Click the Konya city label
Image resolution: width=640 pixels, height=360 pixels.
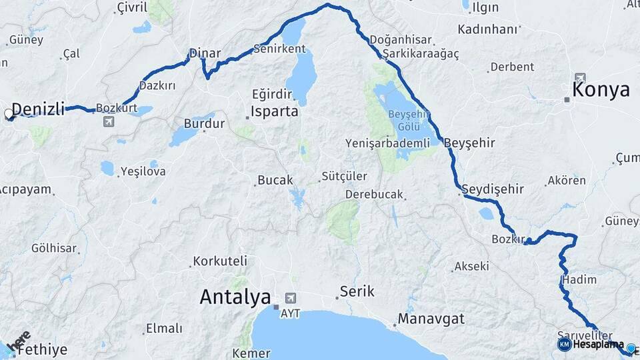[601, 90]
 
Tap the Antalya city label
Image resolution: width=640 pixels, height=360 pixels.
[235, 297]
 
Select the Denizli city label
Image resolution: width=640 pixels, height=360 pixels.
[38, 109]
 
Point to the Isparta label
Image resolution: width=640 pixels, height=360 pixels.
[274, 111]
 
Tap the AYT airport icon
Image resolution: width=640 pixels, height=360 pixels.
[290, 297]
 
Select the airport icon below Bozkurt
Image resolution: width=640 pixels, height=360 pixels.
[108, 122]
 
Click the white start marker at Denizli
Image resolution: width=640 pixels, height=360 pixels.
[9, 114]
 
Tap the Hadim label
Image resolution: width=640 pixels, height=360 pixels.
[579, 279]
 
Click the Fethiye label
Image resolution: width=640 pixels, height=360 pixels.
[41, 349]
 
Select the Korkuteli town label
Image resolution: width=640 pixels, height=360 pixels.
[220, 261]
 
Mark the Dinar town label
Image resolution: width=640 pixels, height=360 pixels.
[205, 53]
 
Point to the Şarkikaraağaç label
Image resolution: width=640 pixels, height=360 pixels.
[416, 55]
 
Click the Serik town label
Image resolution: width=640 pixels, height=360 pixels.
[357, 291]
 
